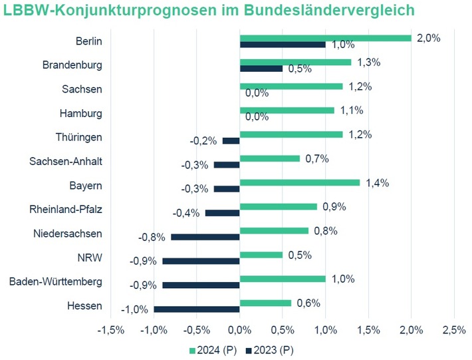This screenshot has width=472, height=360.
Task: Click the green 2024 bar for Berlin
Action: coord(325,38)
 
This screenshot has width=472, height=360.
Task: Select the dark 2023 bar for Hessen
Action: coord(196,309)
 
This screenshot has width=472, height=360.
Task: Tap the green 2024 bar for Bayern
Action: coord(299,182)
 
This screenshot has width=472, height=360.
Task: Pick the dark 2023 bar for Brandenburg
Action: coord(261,69)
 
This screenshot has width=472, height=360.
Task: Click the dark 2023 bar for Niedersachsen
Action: coord(205,236)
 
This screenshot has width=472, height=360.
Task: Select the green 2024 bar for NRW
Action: coord(261,255)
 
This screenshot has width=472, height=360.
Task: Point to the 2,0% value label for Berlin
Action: coord(429,38)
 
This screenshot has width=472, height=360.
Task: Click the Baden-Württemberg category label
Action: coord(56,281)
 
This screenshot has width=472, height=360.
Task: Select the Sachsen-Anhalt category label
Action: coord(66,161)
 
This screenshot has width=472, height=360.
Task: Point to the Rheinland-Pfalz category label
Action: coord(66,209)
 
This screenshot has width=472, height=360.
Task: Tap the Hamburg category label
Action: coord(82,113)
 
